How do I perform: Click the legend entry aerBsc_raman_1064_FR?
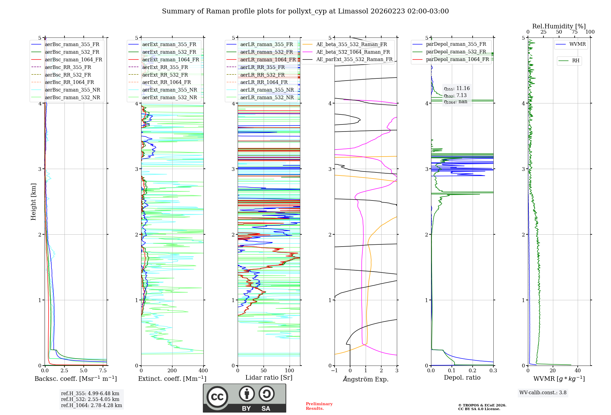pos(73,60)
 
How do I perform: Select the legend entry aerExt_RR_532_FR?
pos(165,75)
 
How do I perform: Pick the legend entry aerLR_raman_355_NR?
pos(267,90)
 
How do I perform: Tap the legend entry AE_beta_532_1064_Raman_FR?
pos(353,52)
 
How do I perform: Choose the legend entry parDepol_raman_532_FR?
pos(456,52)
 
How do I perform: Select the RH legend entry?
pos(576,61)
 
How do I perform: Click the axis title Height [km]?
pos(33,202)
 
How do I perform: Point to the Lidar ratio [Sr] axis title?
pos(269,377)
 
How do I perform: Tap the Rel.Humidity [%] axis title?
pos(559,26)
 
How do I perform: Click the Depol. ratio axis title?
pos(462,377)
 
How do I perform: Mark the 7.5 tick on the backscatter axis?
pos(103,371)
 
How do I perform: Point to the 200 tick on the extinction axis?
pos(172,371)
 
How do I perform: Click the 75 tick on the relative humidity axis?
pos(574,32)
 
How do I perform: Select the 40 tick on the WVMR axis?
pos(577,371)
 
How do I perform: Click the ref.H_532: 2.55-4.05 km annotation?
pos(90,399)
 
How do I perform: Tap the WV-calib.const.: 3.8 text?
pos(543,393)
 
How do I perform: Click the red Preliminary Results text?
pos(319,406)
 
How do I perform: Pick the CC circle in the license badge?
pos(217,397)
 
